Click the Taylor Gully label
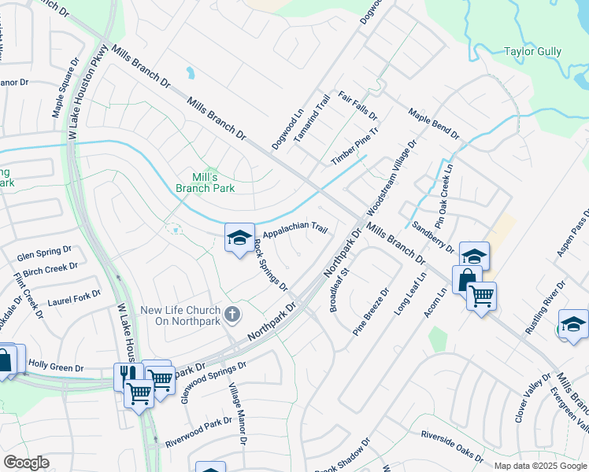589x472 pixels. click(x=533, y=51)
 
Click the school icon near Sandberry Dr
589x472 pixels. click(x=474, y=256)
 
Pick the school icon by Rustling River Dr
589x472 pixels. click(x=572, y=324)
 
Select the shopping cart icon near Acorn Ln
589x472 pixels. click(x=481, y=297)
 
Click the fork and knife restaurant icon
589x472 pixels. click(x=126, y=375)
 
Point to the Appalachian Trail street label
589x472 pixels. click(x=294, y=231)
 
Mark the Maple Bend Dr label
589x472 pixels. click(x=433, y=124)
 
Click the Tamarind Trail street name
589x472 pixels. click(x=311, y=119)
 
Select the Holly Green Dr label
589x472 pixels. click(x=56, y=366)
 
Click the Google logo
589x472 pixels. click(x=26, y=463)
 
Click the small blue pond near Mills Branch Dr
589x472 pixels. click(x=190, y=74)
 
